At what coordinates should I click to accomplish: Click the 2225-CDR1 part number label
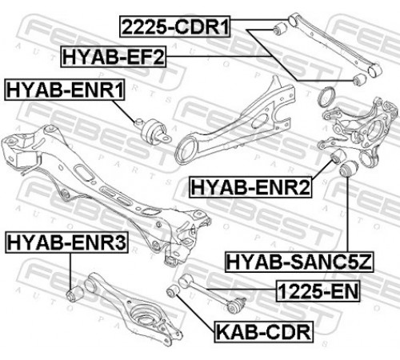[x=175, y=26]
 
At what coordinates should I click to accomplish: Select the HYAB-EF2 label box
[x=114, y=57]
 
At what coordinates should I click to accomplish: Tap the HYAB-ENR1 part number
[x=65, y=90]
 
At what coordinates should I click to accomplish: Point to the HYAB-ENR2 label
[x=250, y=187]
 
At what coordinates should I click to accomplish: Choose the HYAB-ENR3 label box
[x=66, y=242]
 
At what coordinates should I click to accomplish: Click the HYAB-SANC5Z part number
[x=299, y=262]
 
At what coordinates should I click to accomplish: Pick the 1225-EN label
[x=318, y=291]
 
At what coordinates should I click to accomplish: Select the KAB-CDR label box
[x=263, y=332]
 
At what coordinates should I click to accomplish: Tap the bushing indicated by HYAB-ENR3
[x=75, y=294]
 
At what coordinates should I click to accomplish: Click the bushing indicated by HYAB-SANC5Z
[x=348, y=169]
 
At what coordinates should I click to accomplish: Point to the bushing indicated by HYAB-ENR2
[x=337, y=156]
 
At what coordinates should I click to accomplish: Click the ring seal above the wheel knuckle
[x=326, y=98]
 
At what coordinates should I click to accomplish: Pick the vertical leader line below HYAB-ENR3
[x=70, y=270]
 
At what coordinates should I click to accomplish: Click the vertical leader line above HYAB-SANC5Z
[x=348, y=214]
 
